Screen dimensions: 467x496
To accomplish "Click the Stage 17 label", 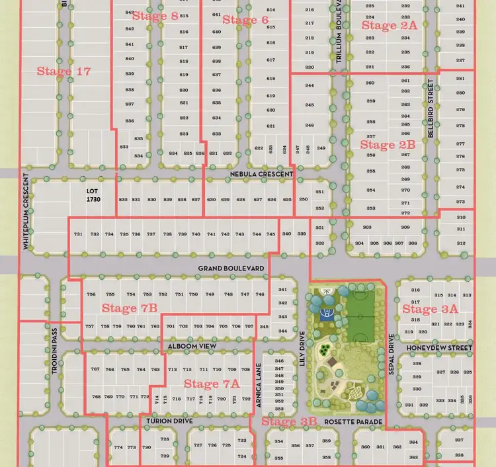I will [63, 71].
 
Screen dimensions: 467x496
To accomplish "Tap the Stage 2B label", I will [388, 144].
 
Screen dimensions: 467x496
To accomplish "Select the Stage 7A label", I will [212, 384].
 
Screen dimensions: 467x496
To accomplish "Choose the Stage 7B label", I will [130, 308].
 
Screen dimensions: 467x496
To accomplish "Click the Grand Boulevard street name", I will [231, 269].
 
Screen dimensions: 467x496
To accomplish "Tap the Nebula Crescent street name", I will [261, 174].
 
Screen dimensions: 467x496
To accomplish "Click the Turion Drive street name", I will [165, 421].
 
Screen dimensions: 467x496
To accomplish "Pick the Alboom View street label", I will [192, 346].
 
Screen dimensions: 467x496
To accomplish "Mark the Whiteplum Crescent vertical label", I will [26, 212].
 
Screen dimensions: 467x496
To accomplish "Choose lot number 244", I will [310, 86].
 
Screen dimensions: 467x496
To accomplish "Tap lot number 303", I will [368, 228].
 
